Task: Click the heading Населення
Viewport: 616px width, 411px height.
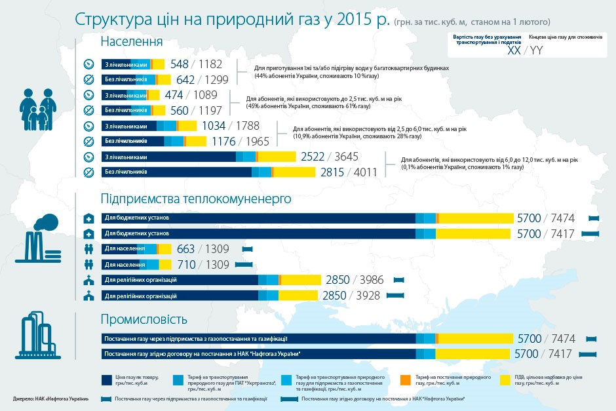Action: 132,42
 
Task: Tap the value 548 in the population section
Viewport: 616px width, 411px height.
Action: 180,64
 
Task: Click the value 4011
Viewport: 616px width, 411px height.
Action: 366,172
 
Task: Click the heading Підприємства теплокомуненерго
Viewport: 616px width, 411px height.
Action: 195,198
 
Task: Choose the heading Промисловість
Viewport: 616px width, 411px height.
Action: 144,320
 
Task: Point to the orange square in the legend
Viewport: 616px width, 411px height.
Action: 406,379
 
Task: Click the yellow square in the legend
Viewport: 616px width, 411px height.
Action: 504,379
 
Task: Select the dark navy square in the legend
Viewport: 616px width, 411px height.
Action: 107,379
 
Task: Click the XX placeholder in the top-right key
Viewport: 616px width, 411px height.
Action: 514,50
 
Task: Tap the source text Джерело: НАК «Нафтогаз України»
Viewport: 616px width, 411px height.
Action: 51,399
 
